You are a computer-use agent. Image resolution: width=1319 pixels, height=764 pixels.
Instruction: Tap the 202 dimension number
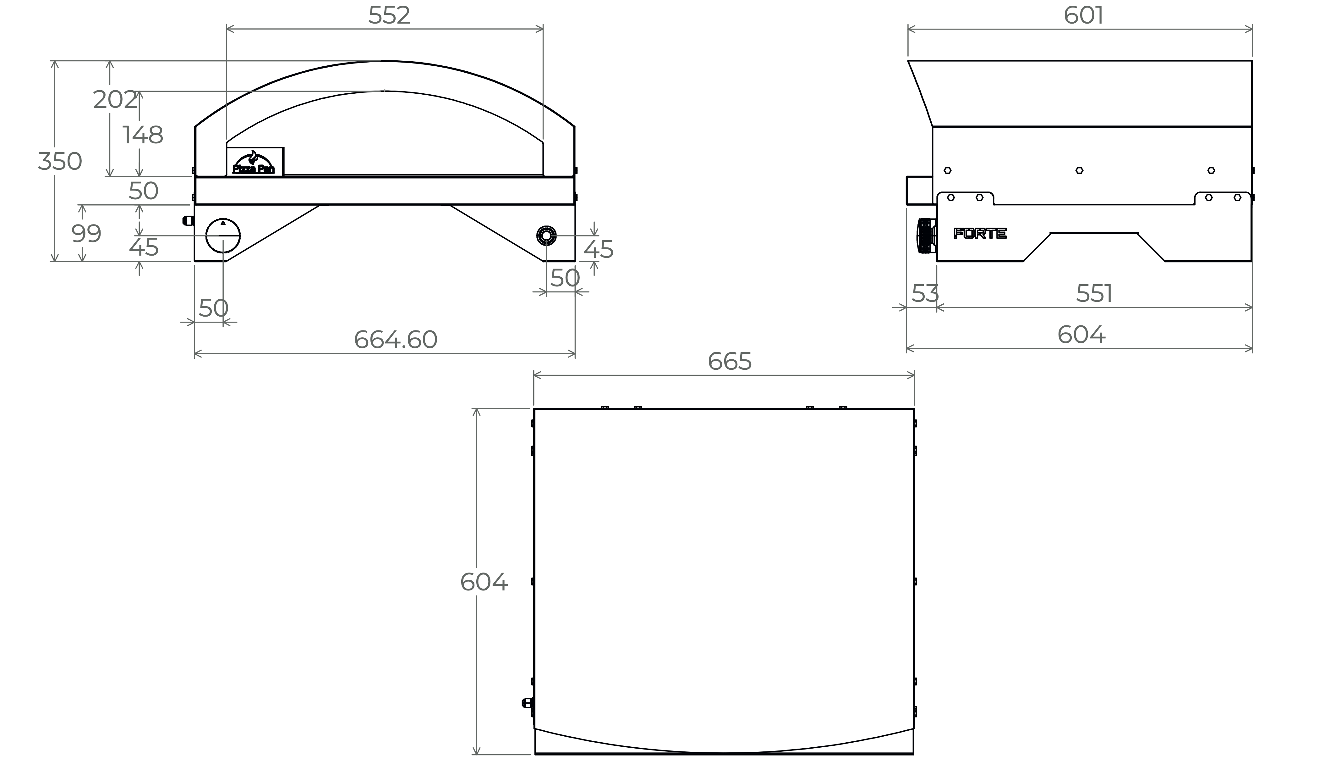pos(115,99)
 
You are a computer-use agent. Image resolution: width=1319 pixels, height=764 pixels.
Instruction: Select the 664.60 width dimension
pos(396,340)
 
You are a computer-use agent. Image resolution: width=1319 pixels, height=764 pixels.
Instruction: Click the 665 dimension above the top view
pos(730,361)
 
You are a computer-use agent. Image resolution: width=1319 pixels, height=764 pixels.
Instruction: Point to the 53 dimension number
pos(925,294)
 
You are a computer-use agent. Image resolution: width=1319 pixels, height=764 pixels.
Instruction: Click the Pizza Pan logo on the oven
pos(254,162)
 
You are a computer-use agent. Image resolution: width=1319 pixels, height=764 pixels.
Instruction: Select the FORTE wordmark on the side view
pos(980,234)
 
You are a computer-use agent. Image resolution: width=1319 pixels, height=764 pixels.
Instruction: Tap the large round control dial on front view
pos(223,235)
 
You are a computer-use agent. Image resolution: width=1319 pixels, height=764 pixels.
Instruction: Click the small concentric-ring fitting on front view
pos(546,235)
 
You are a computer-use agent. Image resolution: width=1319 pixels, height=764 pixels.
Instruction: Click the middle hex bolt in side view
pos(1079,170)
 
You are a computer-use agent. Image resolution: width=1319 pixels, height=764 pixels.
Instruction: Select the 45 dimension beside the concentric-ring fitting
pos(598,250)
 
